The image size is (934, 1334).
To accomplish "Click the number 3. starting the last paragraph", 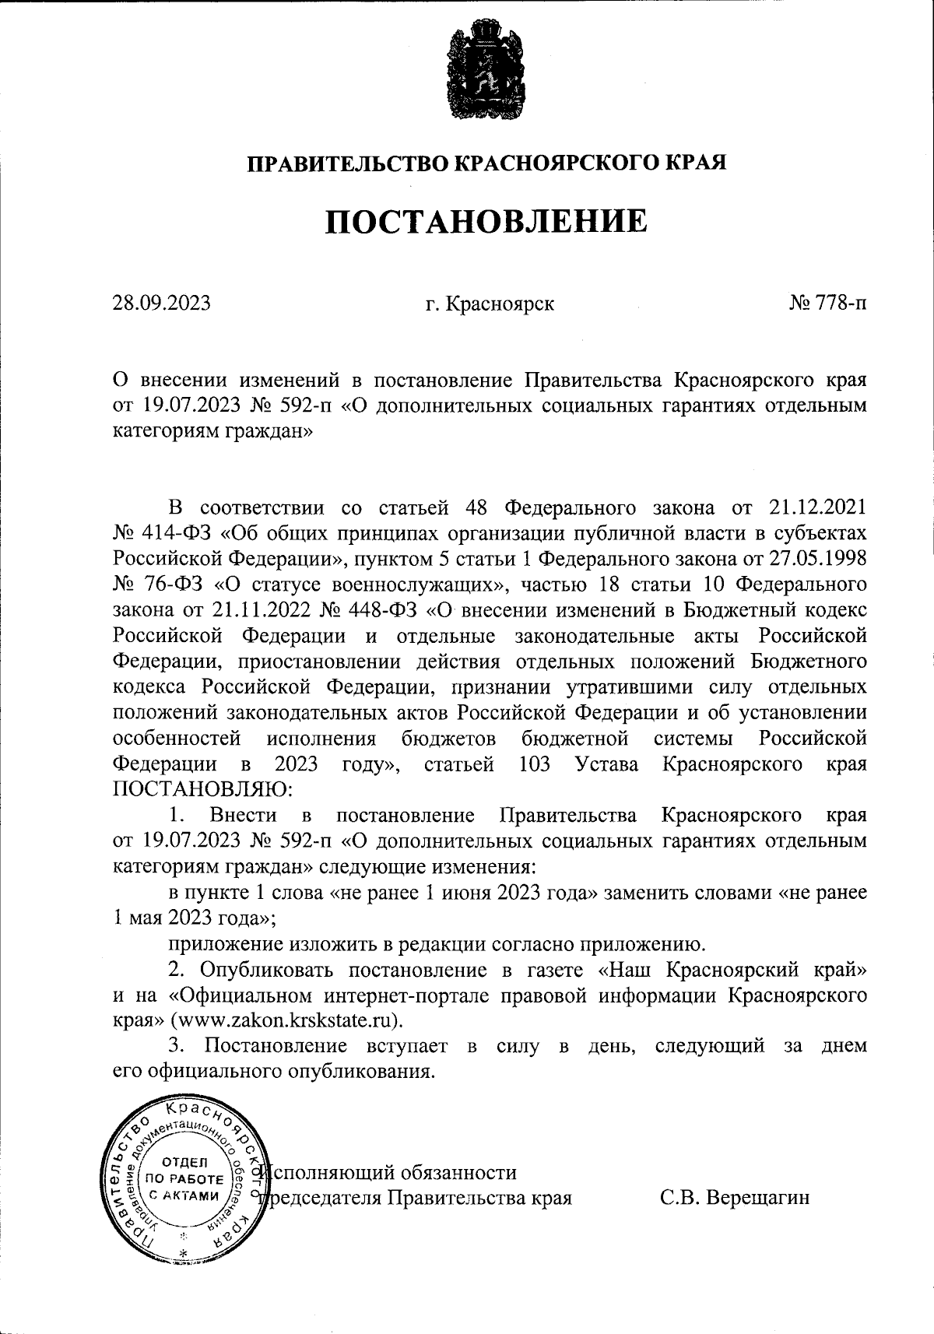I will pos(176,1044).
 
